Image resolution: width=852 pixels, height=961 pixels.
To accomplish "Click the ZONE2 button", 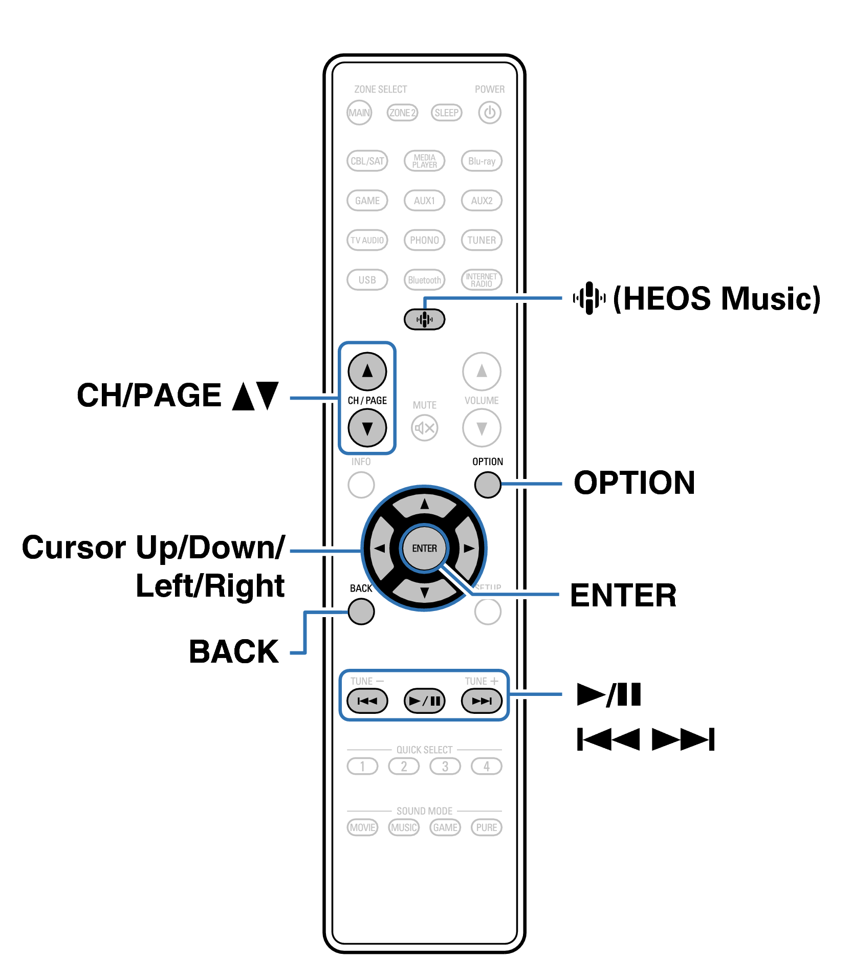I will (402, 113).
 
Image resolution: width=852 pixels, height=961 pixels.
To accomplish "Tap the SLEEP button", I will (446, 113).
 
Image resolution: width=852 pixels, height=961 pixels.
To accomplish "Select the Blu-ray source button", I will (482, 161).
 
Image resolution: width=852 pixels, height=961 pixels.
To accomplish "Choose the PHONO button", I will (424, 240).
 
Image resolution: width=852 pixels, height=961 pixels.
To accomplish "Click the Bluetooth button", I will (424, 280).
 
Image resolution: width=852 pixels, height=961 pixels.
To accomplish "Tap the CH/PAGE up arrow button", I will (367, 371).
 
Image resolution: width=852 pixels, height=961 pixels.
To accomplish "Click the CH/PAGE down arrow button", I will (367, 428).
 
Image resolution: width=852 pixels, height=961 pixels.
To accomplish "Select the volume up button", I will (482, 371).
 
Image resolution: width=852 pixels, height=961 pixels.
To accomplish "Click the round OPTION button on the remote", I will (487, 484).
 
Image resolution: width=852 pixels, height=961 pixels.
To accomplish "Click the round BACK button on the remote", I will (361, 611).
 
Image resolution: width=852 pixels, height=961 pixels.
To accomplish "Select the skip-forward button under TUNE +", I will (482, 701).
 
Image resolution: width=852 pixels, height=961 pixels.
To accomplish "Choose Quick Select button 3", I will (445, 766).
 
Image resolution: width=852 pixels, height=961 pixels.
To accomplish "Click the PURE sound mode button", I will (486, 827).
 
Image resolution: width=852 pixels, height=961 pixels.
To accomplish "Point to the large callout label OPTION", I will (634, 483).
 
